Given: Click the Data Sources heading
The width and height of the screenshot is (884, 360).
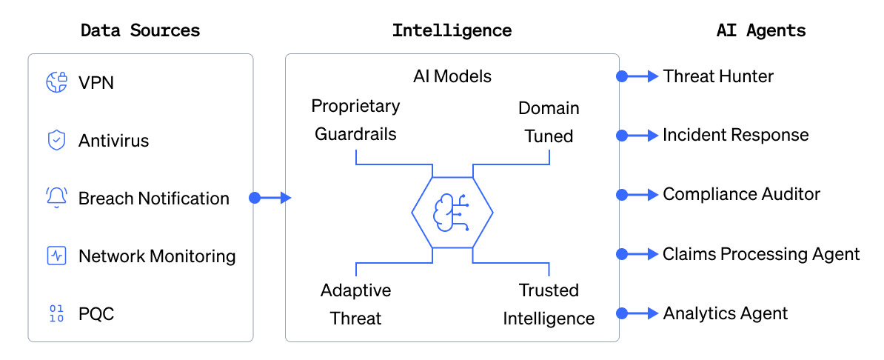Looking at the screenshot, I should click(x=140, y=31).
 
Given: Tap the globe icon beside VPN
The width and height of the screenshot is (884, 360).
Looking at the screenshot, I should click(x=57, y=82).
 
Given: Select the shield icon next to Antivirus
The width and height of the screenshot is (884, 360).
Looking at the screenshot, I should click(x=57, y=140).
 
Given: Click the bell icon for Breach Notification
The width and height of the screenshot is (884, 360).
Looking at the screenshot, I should click(x=57, y=198).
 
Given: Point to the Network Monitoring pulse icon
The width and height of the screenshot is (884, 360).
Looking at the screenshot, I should click(x=57, y=256).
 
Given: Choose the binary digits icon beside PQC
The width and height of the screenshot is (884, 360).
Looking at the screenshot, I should click(x=57, y=314).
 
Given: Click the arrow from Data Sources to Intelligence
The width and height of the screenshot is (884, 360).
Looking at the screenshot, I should click(x=271, y=198).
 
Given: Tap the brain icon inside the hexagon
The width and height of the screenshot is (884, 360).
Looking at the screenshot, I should click(x=452, y=213).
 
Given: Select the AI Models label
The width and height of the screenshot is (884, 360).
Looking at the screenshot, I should click(x=452, y=76).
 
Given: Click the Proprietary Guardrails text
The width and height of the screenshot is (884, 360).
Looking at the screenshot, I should click(x=355, y=120).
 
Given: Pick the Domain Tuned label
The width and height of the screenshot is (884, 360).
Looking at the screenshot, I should click(x=549, y=122).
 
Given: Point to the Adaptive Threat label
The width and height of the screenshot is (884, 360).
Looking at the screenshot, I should click(x=355, y=304).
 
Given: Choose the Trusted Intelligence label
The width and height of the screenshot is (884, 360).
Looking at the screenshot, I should click(x=549, y=304).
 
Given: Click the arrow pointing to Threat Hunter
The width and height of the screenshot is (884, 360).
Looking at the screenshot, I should click(x=639, y=76).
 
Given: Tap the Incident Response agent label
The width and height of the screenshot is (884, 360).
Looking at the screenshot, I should click(x=735, y=135).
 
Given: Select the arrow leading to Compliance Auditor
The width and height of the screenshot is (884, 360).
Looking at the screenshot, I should click(x=639, y=195).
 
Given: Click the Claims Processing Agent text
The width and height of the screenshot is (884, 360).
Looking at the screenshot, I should click(x=761, y=254).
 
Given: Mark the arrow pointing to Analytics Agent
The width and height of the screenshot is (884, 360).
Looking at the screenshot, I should click(x=639, y=313).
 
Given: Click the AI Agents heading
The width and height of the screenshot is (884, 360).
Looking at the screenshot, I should click(x=761, y=31).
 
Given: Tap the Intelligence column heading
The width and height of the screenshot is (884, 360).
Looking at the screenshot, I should click(x=452, y=31).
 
